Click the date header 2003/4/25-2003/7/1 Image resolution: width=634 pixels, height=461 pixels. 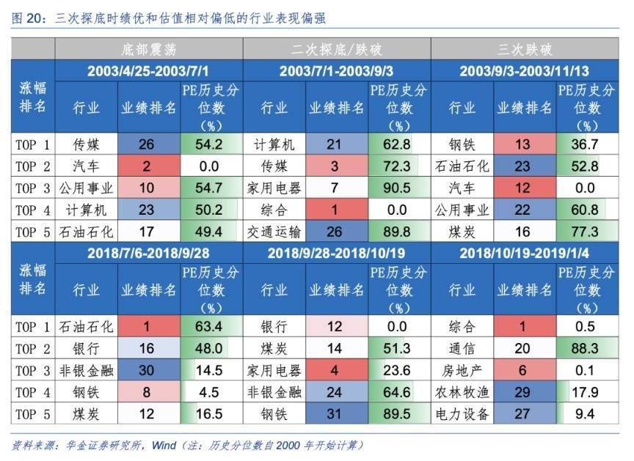click(x=149, y=71)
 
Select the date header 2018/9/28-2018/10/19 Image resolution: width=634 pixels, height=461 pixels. click(x=336, y=254)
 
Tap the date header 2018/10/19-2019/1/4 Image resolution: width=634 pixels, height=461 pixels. click(x=525, y=254)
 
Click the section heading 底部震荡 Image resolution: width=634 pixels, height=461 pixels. click(x=149, y=50)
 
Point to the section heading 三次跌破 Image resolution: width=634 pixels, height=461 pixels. click(x=525, y=50)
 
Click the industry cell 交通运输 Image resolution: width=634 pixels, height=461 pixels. click(x=273, y=232)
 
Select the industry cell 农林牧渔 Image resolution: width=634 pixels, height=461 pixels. click(x=462, y=392)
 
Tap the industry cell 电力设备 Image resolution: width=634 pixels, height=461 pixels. click(x=462, y=414)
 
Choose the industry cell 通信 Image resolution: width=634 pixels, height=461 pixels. click(x=462, y=348)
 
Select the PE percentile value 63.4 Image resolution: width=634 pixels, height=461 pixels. click(x=208, y=326)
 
